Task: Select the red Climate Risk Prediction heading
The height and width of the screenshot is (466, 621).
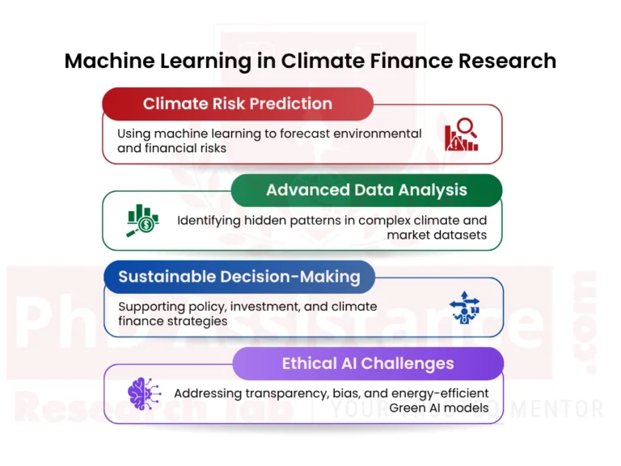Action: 237,104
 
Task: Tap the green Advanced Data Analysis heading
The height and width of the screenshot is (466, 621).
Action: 366,190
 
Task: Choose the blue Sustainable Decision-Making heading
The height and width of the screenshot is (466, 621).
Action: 239,277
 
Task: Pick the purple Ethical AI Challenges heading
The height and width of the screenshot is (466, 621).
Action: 367,363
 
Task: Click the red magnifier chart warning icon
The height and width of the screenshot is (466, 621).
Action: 462,135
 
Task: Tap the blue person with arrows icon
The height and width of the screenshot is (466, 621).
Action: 464,308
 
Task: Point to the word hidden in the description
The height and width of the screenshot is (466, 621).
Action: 272,220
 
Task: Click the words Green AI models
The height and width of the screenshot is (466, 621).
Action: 438,408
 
